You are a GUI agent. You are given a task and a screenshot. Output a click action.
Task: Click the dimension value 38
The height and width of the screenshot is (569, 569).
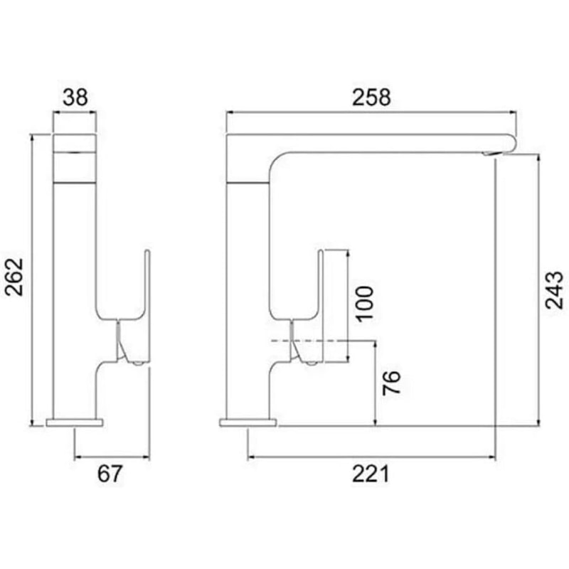74,97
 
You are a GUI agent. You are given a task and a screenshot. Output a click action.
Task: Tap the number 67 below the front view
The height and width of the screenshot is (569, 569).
111,474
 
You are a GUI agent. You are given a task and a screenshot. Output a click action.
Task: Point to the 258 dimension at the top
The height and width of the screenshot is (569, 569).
371,97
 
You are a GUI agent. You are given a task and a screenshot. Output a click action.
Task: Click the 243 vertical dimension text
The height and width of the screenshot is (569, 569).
553,289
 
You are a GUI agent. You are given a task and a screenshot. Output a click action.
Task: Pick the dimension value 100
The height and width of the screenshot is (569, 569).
364,304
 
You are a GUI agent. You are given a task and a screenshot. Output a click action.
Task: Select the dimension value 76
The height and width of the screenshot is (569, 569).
391,383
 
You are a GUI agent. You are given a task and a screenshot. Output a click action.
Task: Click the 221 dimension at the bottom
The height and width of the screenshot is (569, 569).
371,474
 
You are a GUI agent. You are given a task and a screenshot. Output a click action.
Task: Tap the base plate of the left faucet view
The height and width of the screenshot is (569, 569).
75,422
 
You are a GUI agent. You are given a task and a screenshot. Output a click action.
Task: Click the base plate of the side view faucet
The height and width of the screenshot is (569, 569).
248,422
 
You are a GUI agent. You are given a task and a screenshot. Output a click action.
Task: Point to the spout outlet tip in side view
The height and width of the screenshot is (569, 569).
491,153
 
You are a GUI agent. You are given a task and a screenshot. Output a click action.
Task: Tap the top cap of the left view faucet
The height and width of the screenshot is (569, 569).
75,142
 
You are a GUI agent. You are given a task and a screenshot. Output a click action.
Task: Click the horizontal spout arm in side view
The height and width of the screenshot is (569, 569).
391,142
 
